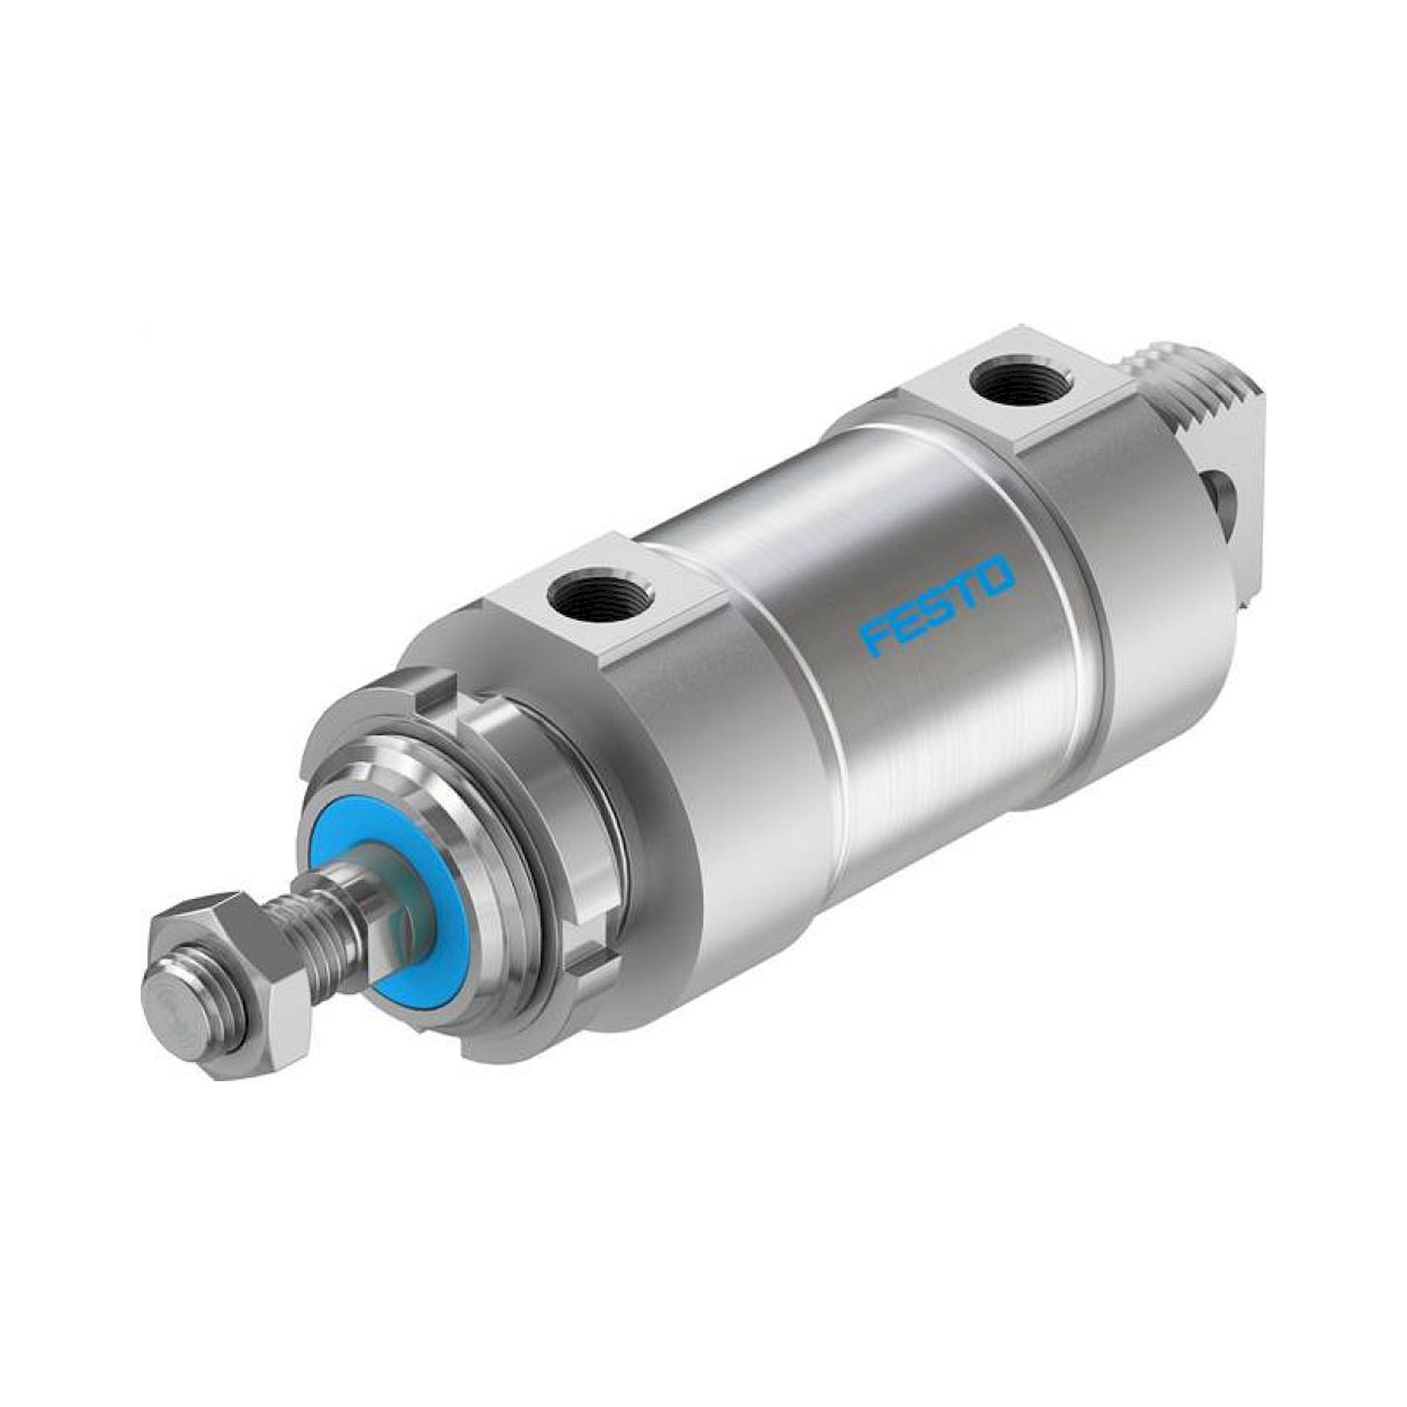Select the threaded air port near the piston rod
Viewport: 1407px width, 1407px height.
tap(580, 583)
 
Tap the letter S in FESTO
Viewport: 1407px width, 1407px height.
tap(935, 604)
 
